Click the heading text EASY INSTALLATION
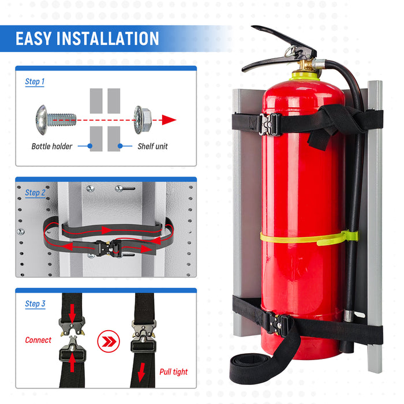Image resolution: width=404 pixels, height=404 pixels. click(87, 39)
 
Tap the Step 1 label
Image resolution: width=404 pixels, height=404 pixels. click(35, 82)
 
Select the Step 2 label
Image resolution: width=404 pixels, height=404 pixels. click(35, 193)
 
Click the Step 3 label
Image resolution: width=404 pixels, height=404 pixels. click(35, 304)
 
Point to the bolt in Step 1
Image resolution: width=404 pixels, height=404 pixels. click(54, 119)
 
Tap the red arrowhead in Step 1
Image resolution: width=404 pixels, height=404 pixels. click(168, 120)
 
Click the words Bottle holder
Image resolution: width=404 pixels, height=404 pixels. click(52, 146)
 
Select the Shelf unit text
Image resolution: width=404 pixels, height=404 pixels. click(152, 146)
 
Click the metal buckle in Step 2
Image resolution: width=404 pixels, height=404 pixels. click(107, 248)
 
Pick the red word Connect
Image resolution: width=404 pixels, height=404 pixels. click(38, 340)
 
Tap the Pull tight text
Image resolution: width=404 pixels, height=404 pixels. click(173, 372)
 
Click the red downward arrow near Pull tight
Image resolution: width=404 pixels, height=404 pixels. click(141, 373)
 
